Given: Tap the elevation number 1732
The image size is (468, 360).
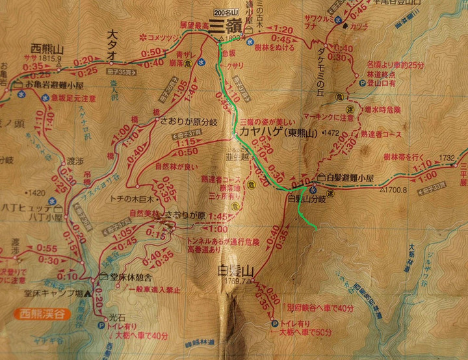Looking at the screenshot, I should pyautogui.click(x=447, y=157).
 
